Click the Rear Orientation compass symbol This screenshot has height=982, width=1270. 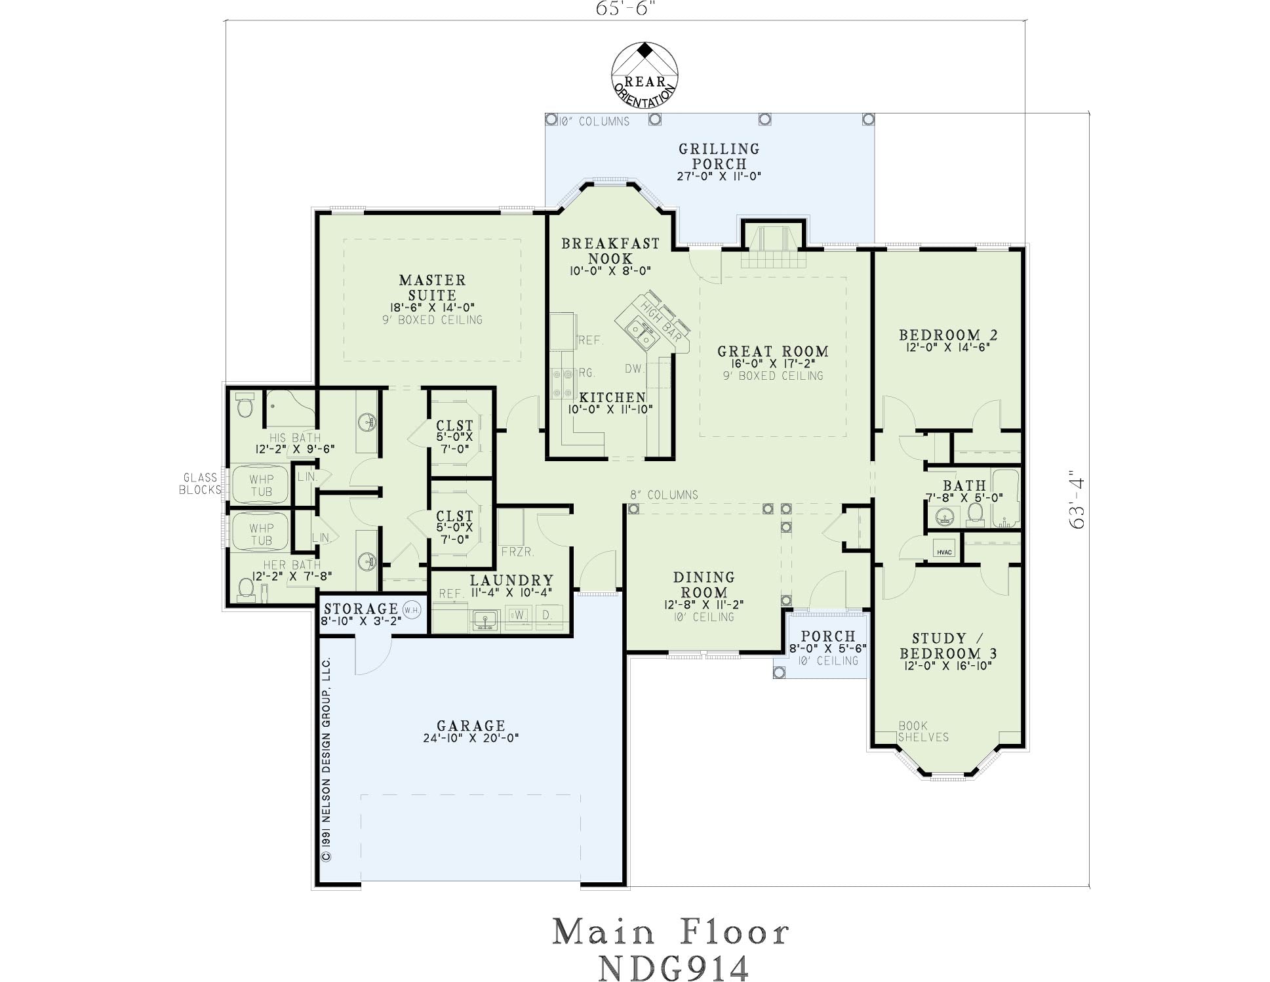point(645,75)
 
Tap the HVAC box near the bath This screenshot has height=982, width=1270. point(944,552)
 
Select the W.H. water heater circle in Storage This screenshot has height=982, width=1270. point(412,609)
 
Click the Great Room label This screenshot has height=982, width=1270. point(773,352)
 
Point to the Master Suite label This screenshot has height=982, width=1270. point(433,287)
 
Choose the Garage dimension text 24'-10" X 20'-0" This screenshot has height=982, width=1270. point(471,738)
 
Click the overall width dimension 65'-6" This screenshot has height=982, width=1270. point(625,9)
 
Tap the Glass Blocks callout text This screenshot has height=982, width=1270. point(200,483)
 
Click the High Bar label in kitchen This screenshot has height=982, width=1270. point(661,321)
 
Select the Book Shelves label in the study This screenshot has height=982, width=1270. point(923,731)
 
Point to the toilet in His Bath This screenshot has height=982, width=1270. point(245,405)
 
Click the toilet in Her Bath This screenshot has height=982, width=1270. point(246,589)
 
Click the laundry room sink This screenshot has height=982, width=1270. point(485,620)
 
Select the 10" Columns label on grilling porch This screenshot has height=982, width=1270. point(593,121)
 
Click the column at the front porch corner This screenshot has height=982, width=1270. point(779,672)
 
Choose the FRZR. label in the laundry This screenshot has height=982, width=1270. point(518,552)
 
